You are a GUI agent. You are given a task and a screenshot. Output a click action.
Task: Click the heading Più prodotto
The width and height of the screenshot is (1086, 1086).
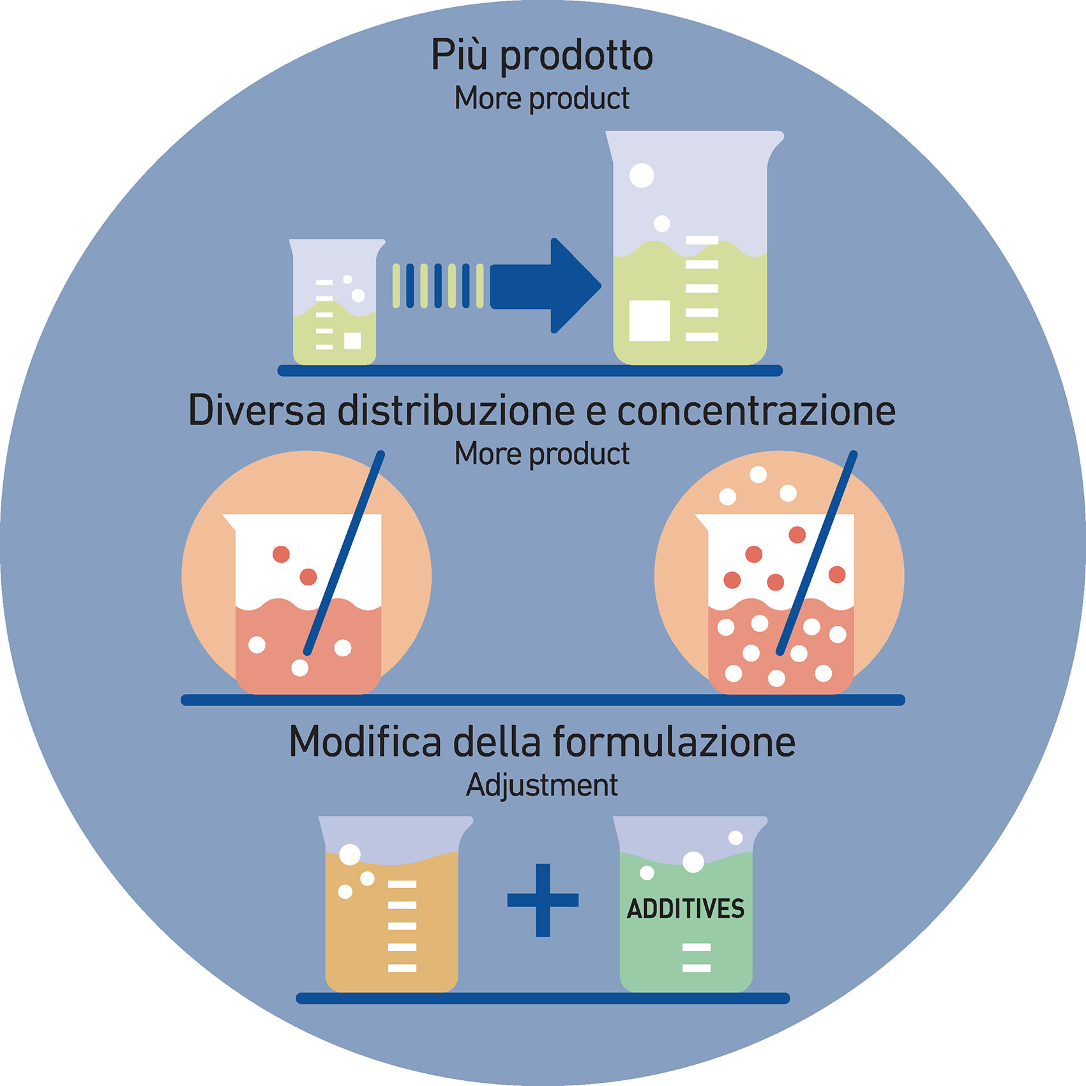542,56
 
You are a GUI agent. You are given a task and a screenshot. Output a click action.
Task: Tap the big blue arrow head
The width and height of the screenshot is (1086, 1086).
571,285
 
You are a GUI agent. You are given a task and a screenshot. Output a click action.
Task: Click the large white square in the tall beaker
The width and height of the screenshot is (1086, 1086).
649,321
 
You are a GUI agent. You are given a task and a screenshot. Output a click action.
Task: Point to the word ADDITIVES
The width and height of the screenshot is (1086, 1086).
686,909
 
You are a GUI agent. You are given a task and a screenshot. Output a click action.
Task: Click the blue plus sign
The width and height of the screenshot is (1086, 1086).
543,900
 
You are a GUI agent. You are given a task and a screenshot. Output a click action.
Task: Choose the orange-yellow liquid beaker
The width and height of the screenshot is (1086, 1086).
393,907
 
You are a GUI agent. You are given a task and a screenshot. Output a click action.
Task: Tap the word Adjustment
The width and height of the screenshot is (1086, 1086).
542,785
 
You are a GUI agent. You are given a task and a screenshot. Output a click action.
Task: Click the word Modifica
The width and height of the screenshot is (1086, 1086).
365,742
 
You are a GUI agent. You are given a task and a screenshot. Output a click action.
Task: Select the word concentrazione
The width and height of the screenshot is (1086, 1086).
757,411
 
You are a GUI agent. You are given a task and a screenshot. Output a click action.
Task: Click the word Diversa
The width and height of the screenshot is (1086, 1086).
257,411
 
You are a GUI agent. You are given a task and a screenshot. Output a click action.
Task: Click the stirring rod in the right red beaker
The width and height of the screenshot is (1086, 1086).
817,552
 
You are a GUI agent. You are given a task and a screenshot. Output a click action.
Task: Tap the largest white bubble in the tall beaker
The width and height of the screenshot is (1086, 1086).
642,176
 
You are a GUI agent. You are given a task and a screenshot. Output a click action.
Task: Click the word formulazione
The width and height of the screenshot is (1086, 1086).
674,742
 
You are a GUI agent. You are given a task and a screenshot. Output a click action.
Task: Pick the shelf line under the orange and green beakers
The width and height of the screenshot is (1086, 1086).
543,998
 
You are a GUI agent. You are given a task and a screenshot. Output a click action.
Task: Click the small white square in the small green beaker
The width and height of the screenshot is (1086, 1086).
352,341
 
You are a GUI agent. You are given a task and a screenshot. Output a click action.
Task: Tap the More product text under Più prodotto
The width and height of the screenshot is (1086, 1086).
542,99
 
